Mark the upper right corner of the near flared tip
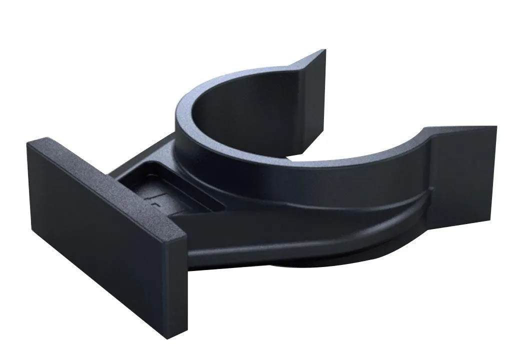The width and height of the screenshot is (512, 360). pyautogui.click(x=495, y=127)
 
